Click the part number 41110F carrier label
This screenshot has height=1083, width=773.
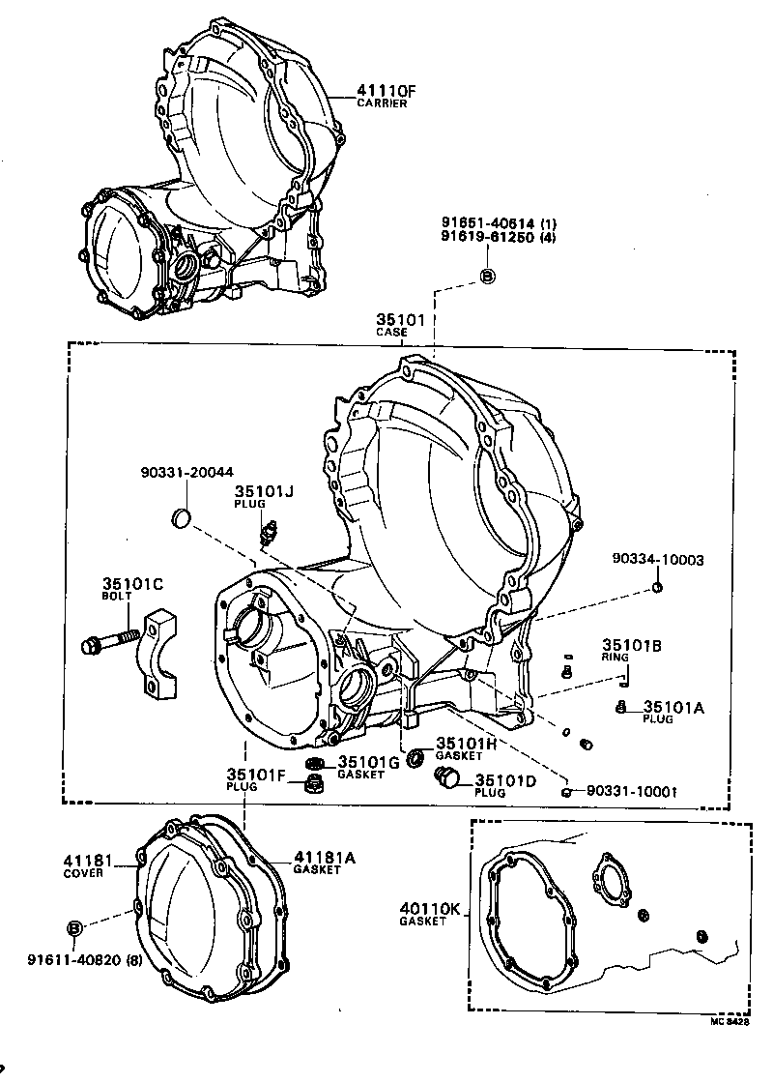click(x=386, y=95)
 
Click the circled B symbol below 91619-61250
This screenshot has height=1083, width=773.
click(x=488, y=277)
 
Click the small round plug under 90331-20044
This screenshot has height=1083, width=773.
click(x=181, y=519)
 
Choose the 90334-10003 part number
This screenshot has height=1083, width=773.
click(x=657, y=559)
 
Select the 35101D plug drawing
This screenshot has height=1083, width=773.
click(x=448, y=777)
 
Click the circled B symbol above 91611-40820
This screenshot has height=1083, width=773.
click(x=75, y=928)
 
